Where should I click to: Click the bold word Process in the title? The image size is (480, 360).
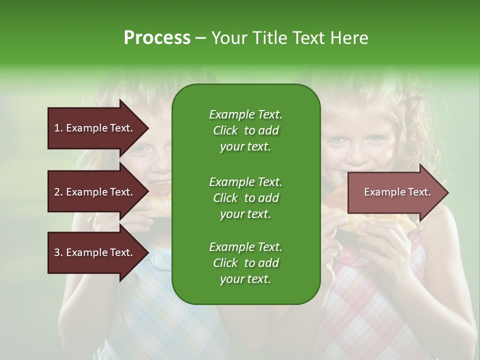point(157,38)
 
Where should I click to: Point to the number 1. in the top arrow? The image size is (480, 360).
point(58,128)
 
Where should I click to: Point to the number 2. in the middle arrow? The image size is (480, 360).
point(58,192)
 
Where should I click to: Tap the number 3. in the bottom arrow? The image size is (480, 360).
point(58,252)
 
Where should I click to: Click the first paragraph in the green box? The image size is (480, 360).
point(245,130)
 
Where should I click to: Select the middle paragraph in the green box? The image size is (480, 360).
point(245,197)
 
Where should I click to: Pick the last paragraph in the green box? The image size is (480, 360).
point(245,263)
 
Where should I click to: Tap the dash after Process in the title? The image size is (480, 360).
point(200,38)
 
